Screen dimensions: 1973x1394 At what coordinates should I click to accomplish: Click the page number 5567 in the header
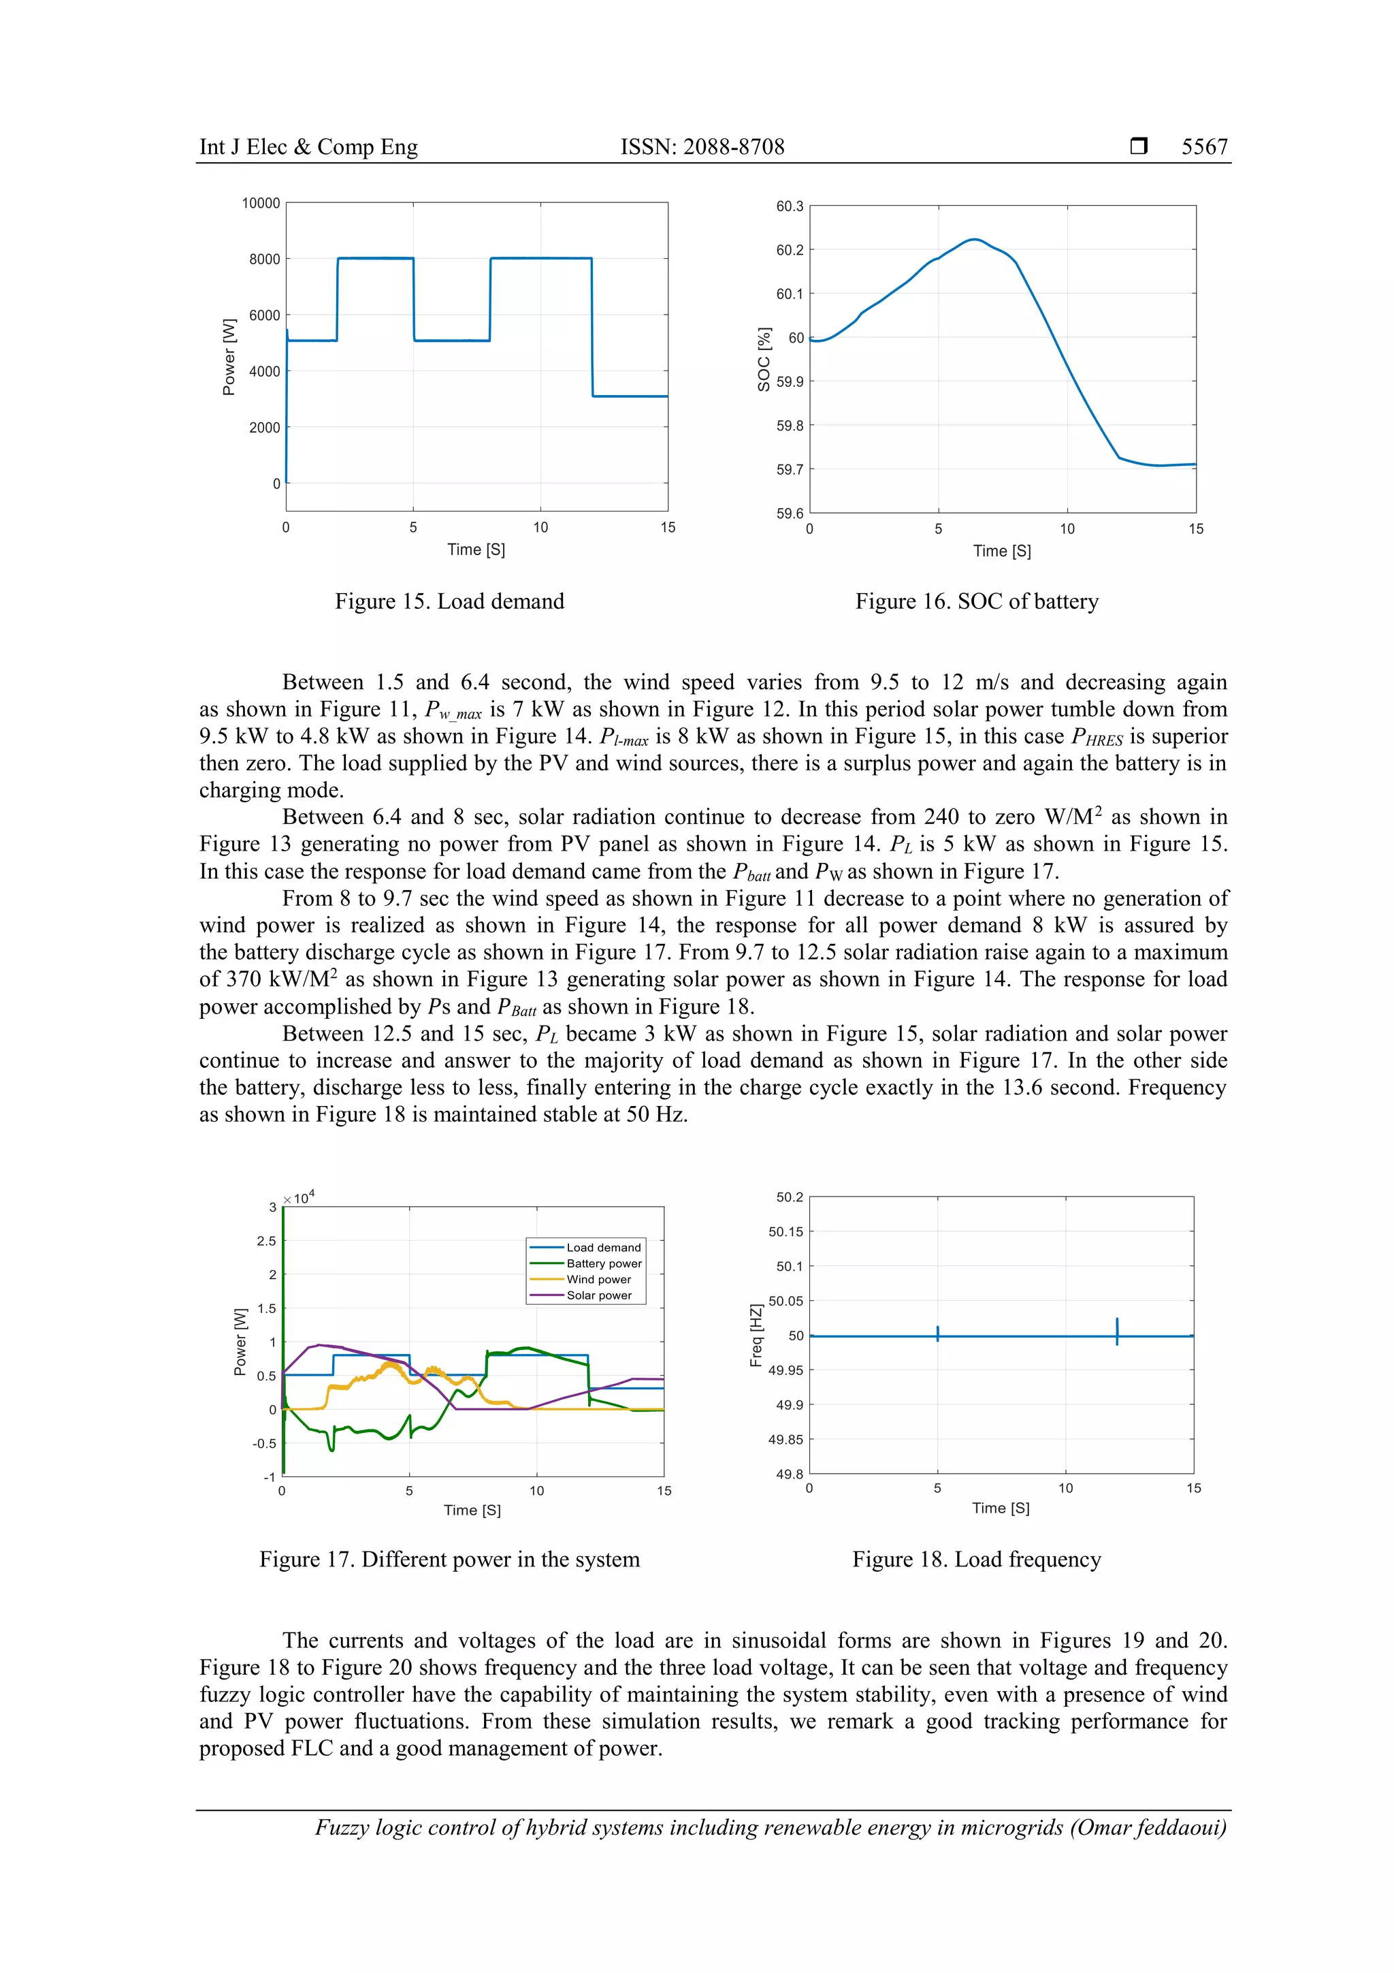pyautogui.click(x=1203, y=147)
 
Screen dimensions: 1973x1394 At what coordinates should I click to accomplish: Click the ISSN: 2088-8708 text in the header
pyautogui.click(x=702, y=147)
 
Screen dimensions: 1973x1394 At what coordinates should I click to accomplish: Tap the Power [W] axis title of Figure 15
pyautogui.click(x=229, y=357)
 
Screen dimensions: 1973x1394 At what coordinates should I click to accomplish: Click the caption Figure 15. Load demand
pyautogui.click(x=449, y=601)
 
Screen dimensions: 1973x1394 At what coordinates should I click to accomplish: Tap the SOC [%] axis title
pyautogui.click(x=764, y=359)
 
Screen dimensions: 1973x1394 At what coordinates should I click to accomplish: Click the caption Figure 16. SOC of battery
pyautogui.click(x=977, y=601)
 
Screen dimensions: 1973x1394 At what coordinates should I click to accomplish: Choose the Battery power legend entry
pyautogui.click(x=603, y=1263)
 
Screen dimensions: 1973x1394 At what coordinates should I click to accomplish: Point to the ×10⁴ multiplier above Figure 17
pyautogui.click(x=299, y=1197)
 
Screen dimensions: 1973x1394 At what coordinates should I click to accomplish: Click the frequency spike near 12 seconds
pyautogui.click(x=1116, y=1331)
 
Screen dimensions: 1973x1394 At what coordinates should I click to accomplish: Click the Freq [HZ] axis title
pyautogui.click(x=756, y=1335)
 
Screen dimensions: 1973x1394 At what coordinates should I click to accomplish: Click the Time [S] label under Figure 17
pyautogui.click(x=472, y=1510)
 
